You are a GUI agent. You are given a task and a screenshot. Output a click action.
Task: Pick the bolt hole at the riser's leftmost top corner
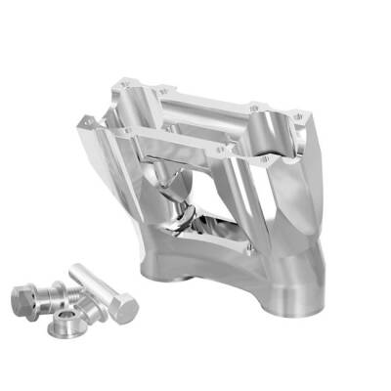click(x=87, y=119)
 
